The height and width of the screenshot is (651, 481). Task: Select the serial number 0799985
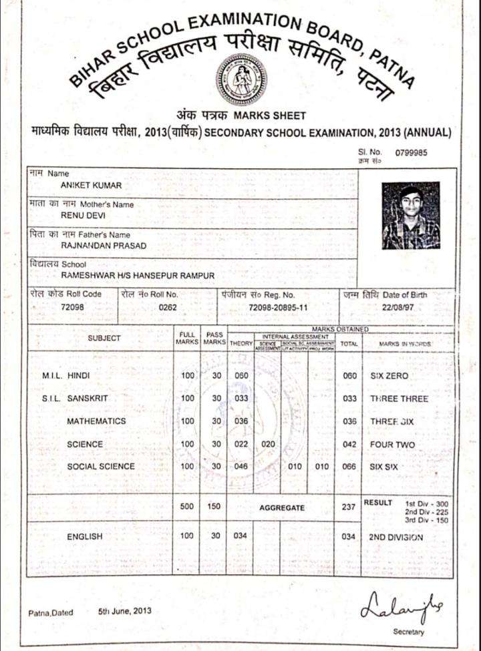tap(411, 153)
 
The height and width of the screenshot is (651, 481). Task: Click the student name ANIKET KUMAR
tap(91, 185)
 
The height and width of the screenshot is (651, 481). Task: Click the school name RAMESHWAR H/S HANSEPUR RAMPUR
tap(138, 275)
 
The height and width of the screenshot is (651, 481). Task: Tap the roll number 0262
tap(168, 306)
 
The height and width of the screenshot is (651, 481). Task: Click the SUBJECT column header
tap(104, 338)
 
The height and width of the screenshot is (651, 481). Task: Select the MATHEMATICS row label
tap(96, 421)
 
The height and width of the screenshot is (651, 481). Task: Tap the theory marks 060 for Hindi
tap(241, 376)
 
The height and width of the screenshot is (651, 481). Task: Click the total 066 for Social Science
tap(349, 467)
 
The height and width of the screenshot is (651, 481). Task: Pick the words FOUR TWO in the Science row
tap(393, 445)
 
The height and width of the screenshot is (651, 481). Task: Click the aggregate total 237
tap(349, 507)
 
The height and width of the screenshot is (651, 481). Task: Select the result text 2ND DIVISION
tap(396, 536)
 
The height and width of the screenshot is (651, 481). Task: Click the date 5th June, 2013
tap(125, 610)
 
